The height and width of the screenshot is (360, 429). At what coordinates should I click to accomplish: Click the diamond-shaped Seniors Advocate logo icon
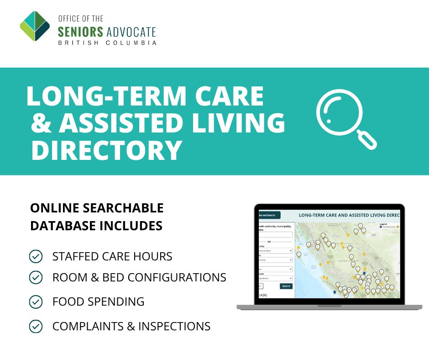(x=35, y=26)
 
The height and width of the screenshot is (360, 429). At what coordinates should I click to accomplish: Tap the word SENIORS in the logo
(x=80, y=32)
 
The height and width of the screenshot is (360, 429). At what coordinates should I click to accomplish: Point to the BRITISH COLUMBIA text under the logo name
(x=107, y=43)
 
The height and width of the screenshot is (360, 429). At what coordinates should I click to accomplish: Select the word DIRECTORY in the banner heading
(x=106, y=150)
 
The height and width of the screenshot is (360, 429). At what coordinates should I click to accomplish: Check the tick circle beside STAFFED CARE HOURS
(x=36, y=256)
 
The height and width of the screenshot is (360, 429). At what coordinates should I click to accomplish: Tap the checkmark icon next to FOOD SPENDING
(x=36, y=302)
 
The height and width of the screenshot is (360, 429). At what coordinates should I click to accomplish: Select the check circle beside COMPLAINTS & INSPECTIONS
(x=36, y=326)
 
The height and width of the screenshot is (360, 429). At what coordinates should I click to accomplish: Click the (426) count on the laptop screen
(x=263, y=295)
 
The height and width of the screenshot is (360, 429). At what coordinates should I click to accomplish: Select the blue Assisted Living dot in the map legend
(x=381, y=227)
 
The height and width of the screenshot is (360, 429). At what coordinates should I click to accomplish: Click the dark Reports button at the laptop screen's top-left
(x=269, y=215)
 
